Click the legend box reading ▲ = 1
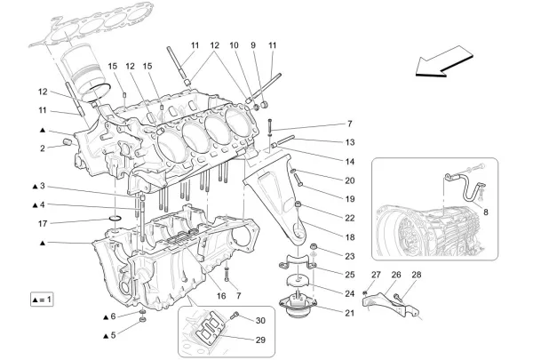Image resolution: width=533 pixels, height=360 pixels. tap(36, 299)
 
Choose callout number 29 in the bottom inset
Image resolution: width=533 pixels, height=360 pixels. tap(260, 338)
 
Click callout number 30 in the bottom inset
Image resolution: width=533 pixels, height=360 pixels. tap(260, 320)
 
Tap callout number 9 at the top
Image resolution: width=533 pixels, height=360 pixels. tap(253, 44)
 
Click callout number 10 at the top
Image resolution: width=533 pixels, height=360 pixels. tap(234, 44)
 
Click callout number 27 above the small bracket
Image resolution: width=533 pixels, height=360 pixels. tap(376, 275)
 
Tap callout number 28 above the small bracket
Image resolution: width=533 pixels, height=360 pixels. tap(417, 275)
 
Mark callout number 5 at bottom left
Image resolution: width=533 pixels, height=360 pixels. tap(112, 335)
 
